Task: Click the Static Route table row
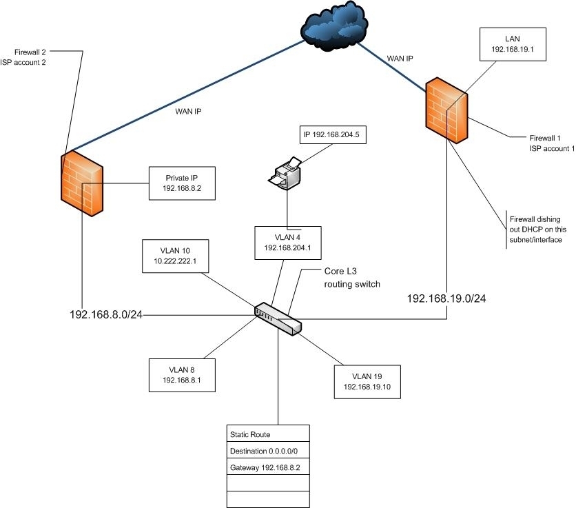tap(268, 434)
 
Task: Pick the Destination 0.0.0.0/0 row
tap(268, 451)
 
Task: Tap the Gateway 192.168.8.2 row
tap(268, 467)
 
